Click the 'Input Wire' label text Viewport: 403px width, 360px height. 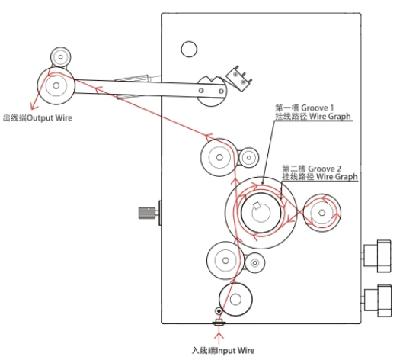point(235,351)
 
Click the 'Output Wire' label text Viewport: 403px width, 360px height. point(50,118)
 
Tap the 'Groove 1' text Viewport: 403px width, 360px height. point(317,108)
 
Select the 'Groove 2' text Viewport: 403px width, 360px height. point(325,169)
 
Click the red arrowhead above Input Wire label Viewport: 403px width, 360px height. point(219,336)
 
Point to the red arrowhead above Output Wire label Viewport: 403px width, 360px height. point(34,106)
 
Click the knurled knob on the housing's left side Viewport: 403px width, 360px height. point(147,212)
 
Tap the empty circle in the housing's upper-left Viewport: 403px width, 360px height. point(189,49)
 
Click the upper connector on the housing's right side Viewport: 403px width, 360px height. point(377,256)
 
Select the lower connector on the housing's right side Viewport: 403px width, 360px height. point(377,301)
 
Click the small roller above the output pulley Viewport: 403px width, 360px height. point(60,57)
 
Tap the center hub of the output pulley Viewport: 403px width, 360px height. point(56,85)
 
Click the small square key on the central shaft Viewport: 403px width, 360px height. point(257,205)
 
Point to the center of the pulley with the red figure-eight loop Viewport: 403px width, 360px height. point(321,213)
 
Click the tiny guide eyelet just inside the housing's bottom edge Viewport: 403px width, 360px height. point(219,311)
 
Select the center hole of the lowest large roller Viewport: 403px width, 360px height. point(235,299)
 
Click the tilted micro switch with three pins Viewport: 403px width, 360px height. point(238,78)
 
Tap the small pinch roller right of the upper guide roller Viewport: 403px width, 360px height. point(248,157)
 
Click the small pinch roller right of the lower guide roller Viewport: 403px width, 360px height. point(254,262)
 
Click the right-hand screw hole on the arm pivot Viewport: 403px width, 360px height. point(221,91)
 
